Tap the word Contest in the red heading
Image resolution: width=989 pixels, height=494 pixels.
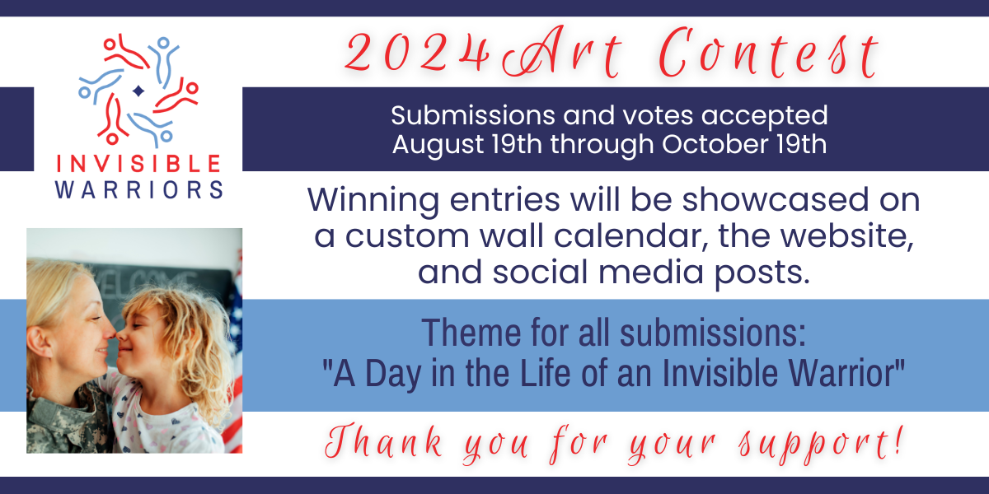point(769,54)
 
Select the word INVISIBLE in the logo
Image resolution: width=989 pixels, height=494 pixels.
point(138,163)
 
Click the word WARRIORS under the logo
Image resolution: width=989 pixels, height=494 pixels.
point(138,190)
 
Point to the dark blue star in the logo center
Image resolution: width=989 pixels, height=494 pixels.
point(138,91)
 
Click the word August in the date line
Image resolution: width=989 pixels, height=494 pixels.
point(437,145)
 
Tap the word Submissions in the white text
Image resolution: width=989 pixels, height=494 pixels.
point(472,115)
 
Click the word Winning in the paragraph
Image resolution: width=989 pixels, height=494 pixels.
point(373,201)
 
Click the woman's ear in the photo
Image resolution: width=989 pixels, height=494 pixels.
point(39,343)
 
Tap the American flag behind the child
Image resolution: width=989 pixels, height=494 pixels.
point(234,353)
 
